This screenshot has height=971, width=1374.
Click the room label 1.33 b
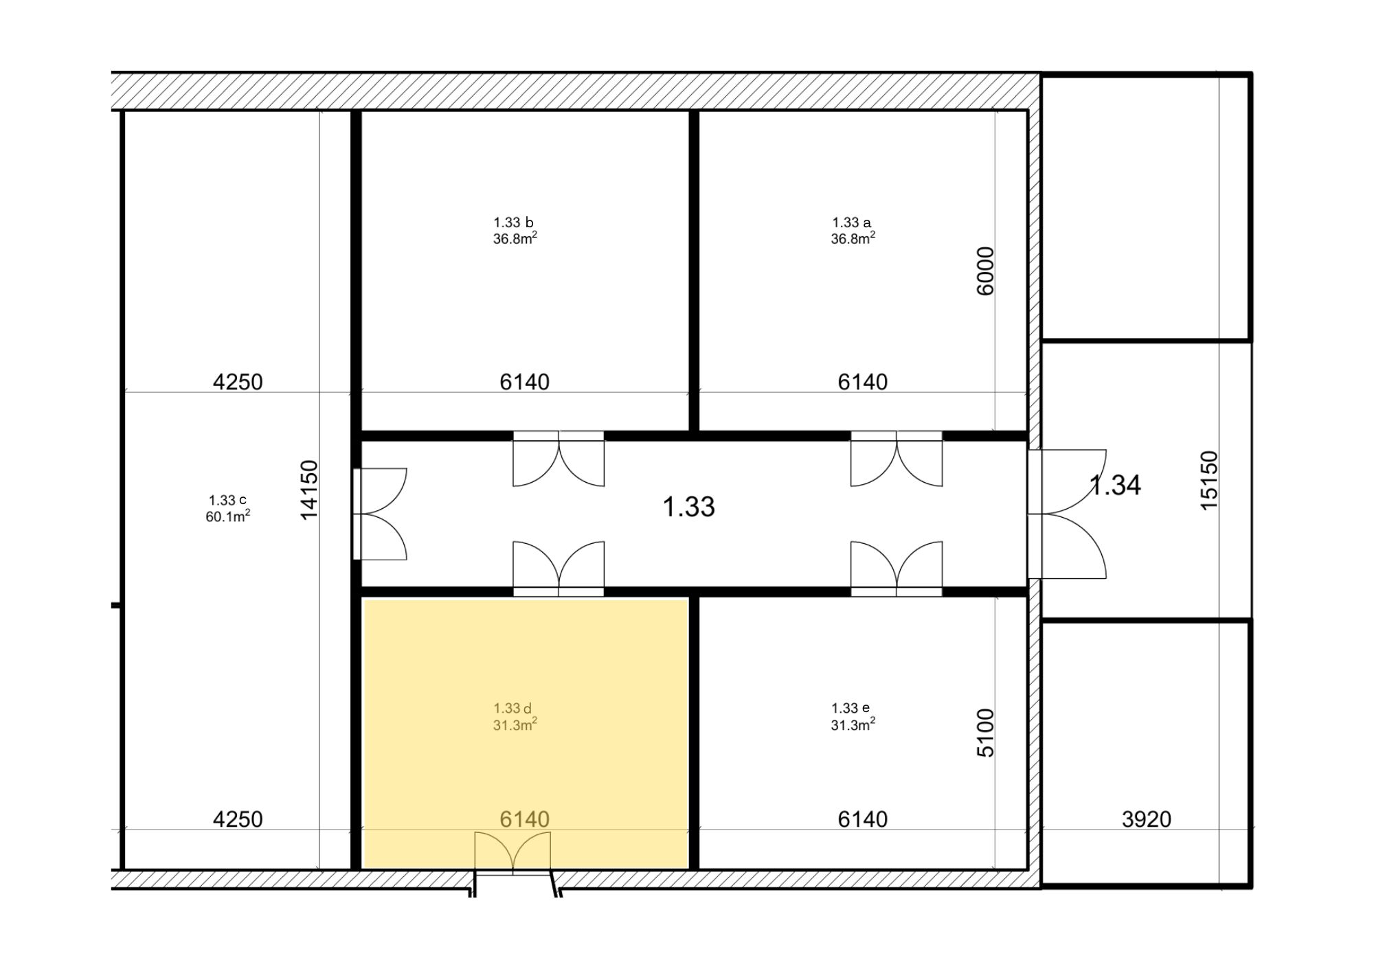[513, 222]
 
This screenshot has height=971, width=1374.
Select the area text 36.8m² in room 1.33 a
[853, 238]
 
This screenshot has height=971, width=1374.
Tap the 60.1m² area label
[227, 516]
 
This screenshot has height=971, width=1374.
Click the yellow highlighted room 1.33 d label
[513, 708]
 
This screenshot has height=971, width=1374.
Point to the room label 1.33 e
[851, 708]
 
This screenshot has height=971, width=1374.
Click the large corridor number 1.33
[688, 507]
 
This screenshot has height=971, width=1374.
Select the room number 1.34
[1116, 485]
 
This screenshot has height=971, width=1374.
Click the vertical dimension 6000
[985, 271]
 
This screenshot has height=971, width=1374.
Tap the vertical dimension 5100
[985, 733]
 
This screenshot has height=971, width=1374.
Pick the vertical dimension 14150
[309, 490]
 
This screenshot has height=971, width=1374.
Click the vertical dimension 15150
[1209, 480]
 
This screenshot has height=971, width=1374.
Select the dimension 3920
[1147, 819]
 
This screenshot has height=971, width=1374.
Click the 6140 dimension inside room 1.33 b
[524, 382]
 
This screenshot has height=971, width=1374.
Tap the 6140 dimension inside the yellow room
[524, 819]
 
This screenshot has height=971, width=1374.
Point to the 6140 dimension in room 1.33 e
[863, 819]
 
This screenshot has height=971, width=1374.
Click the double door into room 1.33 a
[897, 459]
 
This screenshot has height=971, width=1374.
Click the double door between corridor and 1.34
[1067, 514]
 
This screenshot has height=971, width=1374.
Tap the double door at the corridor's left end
[380, 514]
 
